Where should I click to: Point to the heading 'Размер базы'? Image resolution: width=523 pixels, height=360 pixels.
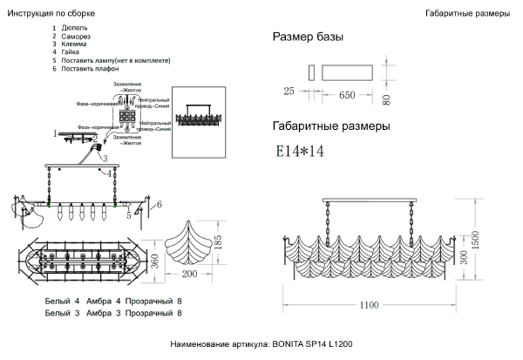point(308,37)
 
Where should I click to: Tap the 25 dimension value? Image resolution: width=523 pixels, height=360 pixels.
point(289,91)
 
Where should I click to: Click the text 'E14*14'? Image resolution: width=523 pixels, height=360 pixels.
point(300,151)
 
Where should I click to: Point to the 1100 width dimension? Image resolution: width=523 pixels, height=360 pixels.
point(367,304)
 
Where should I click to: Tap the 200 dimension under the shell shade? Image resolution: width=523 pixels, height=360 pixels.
point(190,275)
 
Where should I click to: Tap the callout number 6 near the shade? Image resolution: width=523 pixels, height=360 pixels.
point(159,205)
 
